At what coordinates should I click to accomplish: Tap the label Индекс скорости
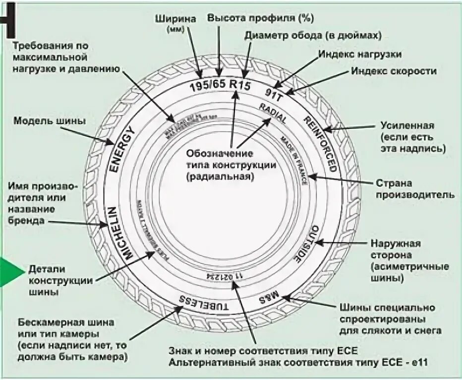click(x=394, y=71)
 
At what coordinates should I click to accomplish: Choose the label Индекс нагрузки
click(x=359, y=54)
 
